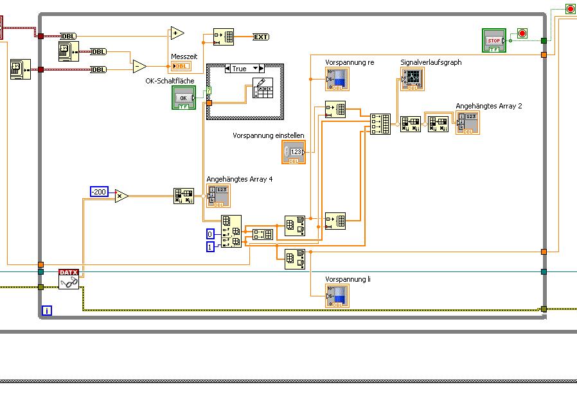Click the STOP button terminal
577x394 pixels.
[x=494, y=39]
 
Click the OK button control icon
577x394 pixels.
[x=183, y=98]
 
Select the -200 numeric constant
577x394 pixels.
[x=99, y=191]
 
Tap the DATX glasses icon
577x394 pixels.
[x=69, y=278]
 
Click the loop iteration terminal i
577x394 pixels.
[x=47, y=311]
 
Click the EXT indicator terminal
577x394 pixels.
[x=261, y=37]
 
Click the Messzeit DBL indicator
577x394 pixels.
[x=181, y=66]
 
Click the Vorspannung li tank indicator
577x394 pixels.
[x=338, y=296]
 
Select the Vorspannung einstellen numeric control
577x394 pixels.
[x=294, y=152]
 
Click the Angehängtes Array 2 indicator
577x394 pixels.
[x=468, y=123]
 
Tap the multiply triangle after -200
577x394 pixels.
[x=121, y=196]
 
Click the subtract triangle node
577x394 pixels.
[x=139, y=66]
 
